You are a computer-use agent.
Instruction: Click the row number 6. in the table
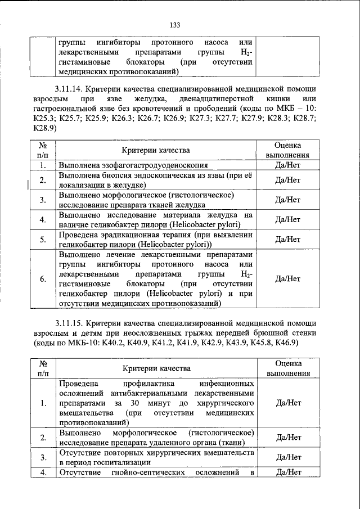coord(43,279)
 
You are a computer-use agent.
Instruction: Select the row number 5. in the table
coord(43,240)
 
